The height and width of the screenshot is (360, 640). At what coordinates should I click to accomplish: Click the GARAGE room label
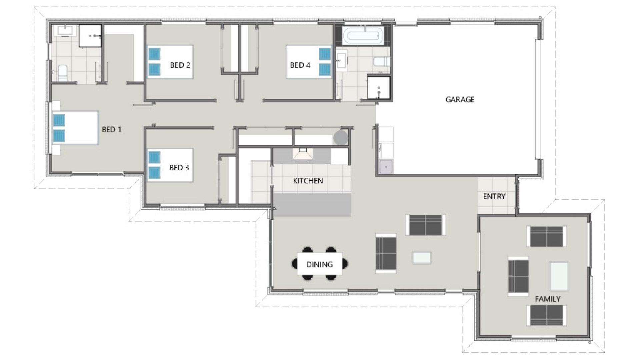pyautogui.click(x=460, y=99)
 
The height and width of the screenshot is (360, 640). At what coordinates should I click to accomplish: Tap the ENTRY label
pyautogui.click(x=494, y=196)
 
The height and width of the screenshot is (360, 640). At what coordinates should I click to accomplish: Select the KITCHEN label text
pyautogui.click(x=308, y=181)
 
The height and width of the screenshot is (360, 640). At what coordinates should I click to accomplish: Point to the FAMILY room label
pyautogui.click(x=547, y=299)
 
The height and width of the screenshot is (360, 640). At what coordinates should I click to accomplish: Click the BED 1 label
pyautogui.click(x=111, y=129)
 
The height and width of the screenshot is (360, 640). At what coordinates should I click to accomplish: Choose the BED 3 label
pyautogui.click(x=179, y=167)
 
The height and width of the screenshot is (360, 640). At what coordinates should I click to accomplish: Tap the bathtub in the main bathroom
pyautogui.click(x=362, y=36)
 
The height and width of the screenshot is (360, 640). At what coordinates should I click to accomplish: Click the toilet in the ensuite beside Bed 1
pyautogui.click(x=62, y=73)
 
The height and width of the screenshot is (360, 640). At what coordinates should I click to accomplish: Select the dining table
pyautogui.click(x=319, y=264)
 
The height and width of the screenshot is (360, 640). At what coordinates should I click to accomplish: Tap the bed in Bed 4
pyautogui.click(x=309, y=62)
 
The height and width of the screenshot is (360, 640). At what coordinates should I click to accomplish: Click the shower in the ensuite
pyautogui.click(x=90, y=36)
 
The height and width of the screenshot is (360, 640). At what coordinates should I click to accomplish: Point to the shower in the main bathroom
pyautogui.click(x=379, y=88)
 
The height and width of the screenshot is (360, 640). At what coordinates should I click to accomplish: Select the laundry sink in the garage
pyautogui.click(x=386, y=166)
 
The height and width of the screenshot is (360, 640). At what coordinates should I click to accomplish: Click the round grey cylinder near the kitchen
pyautogui.click(x=341, y=137)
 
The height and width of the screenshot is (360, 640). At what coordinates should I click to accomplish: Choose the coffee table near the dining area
pyautogui.click(x=422, y=258)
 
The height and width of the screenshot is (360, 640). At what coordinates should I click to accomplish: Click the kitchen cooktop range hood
pyautogui.click(x=303, y=154)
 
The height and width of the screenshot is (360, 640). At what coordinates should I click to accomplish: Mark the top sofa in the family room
pyautogui.click(x=546, y=236)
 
